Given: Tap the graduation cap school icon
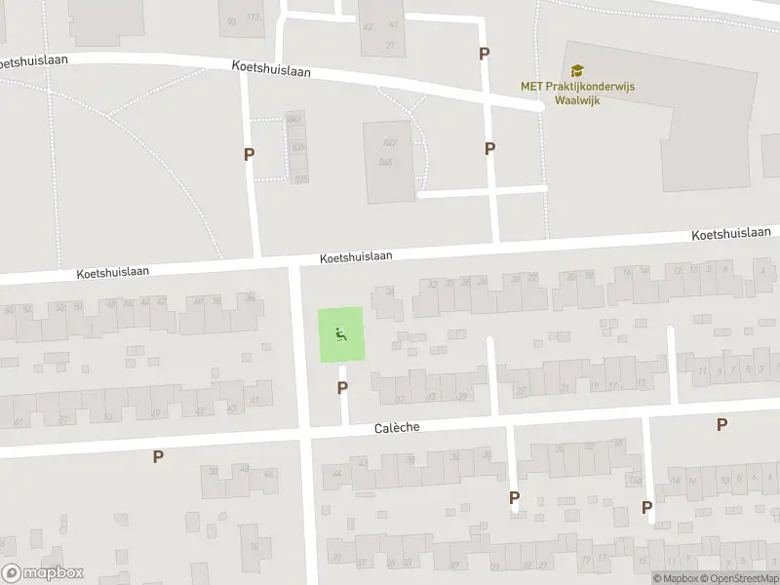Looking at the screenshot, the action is click(x=577, y=70).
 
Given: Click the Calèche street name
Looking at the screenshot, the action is click(x=395, y=428).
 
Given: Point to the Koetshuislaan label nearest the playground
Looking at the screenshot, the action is click(x=356, y=256).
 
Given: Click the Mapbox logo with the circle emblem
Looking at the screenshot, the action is click(x=43, y=573).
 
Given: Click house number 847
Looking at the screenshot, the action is click(x=390, y=141).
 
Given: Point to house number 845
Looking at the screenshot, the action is click(x=385, y=162).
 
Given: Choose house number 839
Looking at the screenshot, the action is click(x=298, y=147).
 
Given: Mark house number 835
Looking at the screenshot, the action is click(x=299, y=177).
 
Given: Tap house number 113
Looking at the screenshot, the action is click(x=253, y=18).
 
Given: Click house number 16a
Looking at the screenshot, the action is click(x=635, y=480).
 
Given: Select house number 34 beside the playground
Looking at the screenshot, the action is click(x=390, y=291).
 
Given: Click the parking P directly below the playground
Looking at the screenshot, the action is click(x=342, y=388).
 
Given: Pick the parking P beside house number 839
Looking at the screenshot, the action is click(x=249, y=154).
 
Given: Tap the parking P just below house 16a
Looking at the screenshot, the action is click(x=646, y=507).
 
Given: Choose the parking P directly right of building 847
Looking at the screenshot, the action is click(x=489, y=148).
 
